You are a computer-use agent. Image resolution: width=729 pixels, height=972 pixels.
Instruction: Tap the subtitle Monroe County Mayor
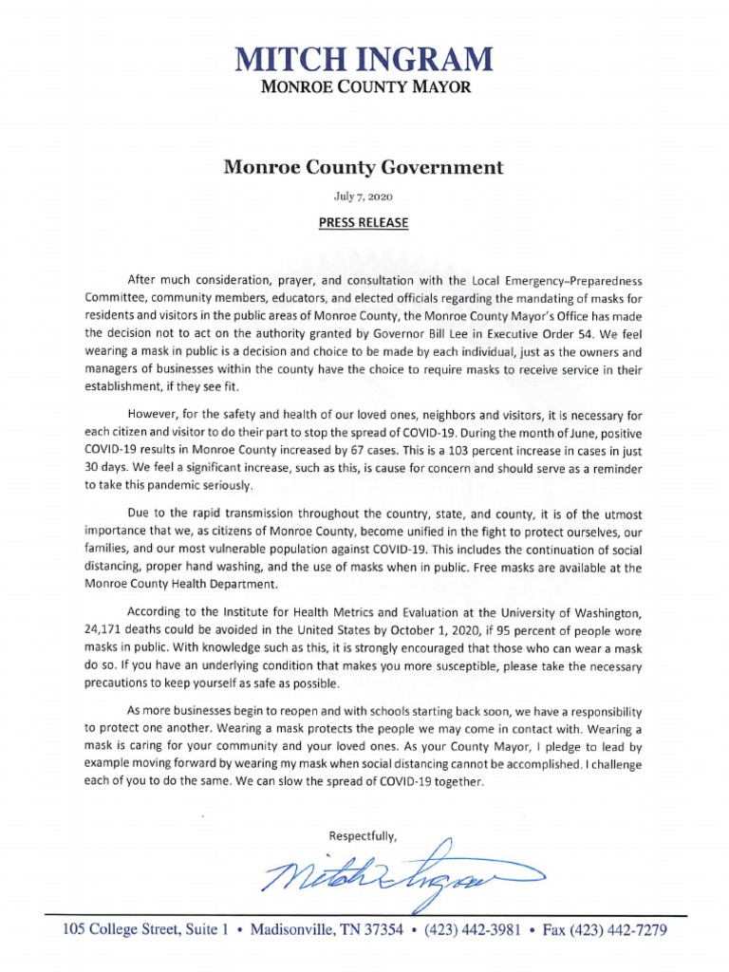click(x=364, y=88)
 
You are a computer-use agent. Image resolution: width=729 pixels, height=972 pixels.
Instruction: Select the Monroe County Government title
click(x=364, y=168)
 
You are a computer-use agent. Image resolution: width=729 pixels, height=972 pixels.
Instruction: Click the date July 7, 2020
click(x=364, y=196)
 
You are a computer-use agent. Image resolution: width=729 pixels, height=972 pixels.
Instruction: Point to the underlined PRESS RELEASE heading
click(x=364, y=223)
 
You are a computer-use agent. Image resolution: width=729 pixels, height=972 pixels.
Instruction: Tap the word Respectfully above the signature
click(x=363, y=835)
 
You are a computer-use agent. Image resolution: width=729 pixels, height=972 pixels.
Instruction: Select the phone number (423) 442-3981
click(x=471, y=930)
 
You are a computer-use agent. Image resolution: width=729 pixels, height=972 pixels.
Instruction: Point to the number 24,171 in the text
click(x=107, y=631)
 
